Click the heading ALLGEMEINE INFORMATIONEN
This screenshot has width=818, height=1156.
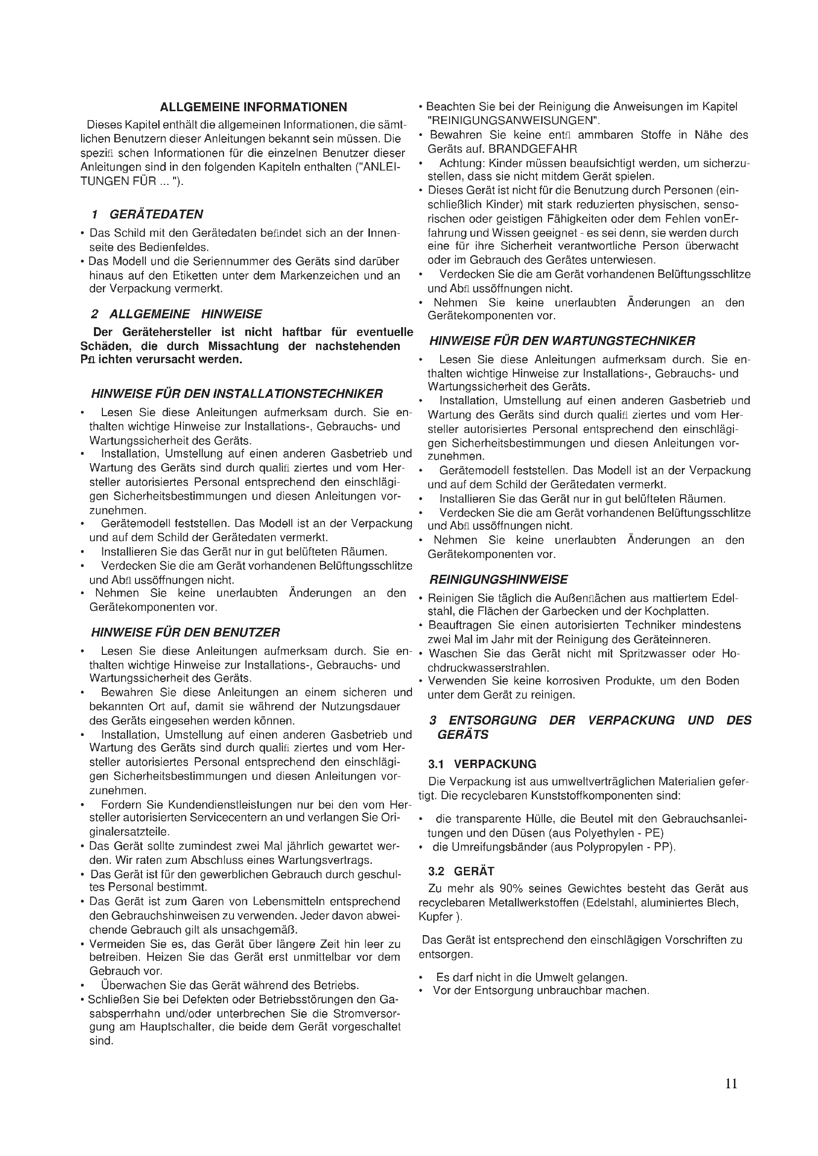point(253,107)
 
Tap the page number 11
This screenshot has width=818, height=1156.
point(731,1083)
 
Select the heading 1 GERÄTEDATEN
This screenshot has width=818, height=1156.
point(147,214)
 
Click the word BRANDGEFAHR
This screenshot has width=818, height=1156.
point(533,149)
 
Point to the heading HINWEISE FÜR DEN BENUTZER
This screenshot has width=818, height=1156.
point(185,632)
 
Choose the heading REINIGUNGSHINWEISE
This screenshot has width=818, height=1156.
point(498,579)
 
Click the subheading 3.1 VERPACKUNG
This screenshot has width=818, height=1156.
point(482,764)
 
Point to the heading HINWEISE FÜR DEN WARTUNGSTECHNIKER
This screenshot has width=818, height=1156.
point(562,341)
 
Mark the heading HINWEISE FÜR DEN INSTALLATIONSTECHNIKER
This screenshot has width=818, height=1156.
point(237,393)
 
